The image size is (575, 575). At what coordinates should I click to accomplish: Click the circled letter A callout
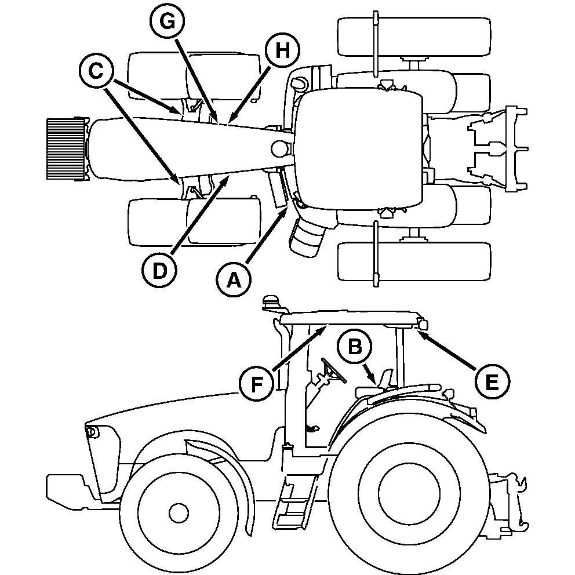tap(234, 281)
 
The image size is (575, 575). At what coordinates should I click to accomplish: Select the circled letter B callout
tap(355, 346)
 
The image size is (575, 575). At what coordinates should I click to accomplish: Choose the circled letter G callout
tap(166, 22)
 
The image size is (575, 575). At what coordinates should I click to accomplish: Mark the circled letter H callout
tap(282, 51)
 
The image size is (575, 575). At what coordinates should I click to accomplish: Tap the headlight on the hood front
tap(91, 431)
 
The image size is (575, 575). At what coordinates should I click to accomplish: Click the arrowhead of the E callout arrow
tap(420, 329)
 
